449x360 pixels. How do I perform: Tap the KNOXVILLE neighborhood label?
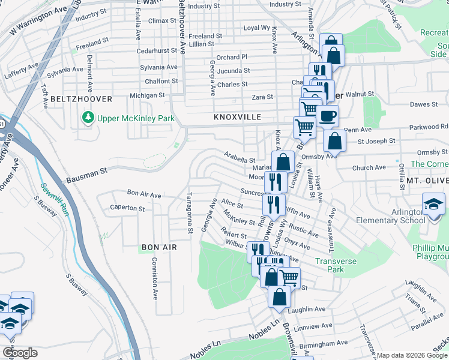tap(238, 118)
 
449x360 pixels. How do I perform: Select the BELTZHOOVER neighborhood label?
tap(82, 98)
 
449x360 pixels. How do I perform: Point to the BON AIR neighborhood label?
tap(159, 247)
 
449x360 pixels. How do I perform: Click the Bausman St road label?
tap(87, 175)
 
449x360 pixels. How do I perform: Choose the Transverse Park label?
tap(336, 265)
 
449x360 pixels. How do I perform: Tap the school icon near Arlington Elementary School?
tap(434, 204)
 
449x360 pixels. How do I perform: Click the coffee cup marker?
tap(328, 116)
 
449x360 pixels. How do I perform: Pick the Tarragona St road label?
tap(188, 214)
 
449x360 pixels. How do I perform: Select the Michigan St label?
tap(147, 95)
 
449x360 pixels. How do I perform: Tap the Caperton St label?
tap(127, 209)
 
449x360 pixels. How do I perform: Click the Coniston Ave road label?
tap(154, 278)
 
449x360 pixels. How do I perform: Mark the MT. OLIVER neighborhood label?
tap(427, 180)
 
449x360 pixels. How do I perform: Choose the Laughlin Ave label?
tap(306, 309)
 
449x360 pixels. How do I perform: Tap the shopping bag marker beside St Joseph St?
tap(334, 141)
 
